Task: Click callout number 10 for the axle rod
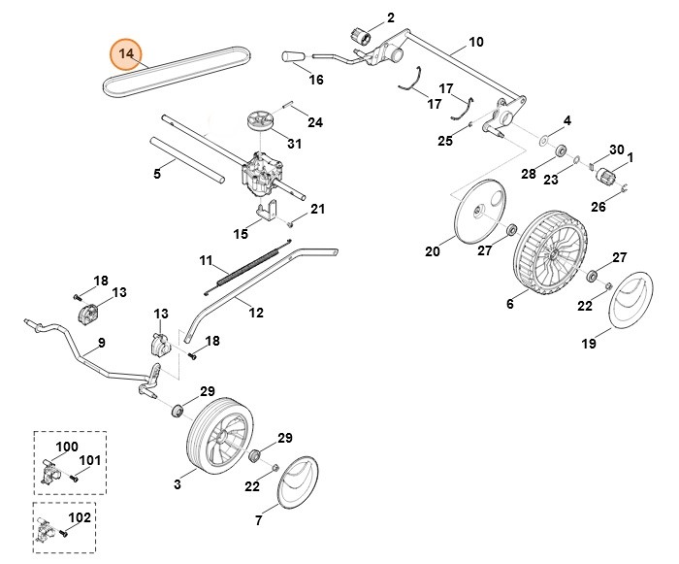pyautogui.click(x=475, y=42)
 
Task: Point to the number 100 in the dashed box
pyautogui.click(x=66, y=447)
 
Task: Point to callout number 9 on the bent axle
pyautogui.click(x=101, y=343)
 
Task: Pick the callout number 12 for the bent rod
pyautogui.click(x=256, y=312)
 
